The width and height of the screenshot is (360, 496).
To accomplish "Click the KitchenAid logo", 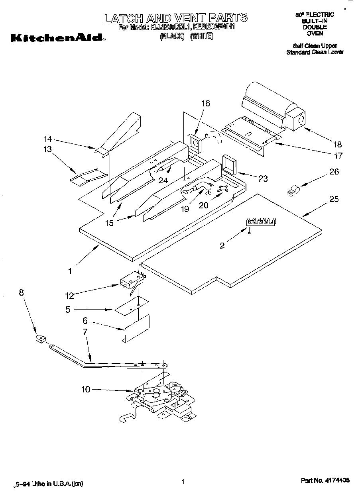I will point(58,39).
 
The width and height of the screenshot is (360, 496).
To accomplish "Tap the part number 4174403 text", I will point(325,481).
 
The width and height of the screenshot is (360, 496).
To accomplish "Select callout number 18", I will point(337,144).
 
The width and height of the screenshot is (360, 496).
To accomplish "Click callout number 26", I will point(334,172).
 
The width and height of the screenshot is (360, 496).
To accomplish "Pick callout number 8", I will point(21,293).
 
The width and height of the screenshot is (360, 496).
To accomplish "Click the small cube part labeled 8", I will point(40,339).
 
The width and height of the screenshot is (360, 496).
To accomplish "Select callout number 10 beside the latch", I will point(86,389).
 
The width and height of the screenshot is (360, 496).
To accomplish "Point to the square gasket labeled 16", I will point(195,143).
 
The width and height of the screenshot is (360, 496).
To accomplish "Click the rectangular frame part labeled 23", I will point(229,165).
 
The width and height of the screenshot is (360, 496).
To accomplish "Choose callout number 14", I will point(48,139).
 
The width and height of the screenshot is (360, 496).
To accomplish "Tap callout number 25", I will point(334,198).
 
